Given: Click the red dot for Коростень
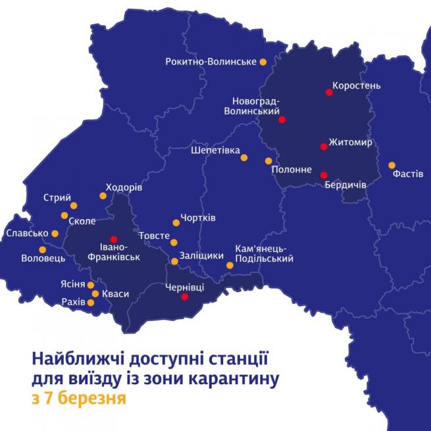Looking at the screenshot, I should click(x=329, y=92).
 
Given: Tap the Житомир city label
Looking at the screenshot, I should click(x=351, y=142).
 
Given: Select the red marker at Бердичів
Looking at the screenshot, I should click(x=323, y=175).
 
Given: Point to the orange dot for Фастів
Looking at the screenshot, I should click(x=392, y=165).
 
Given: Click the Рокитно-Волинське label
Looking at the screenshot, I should click(x=211, y=62).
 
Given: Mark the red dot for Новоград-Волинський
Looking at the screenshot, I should click(x=282, y=120).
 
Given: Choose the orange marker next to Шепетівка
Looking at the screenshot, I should click(x=243, y=157).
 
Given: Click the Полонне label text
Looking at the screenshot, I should click(x=292, y=170).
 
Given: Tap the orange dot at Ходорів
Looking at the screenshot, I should click(x=103, y=195).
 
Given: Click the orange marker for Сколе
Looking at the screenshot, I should click(x=64, y=215).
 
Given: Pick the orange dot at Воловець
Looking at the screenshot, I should click(x=43, y=249).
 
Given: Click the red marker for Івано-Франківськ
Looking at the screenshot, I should click(x=114, y=240).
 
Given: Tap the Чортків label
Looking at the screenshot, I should click(x=199, y=218).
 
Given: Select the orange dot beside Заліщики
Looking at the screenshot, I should click(x=174, y=261).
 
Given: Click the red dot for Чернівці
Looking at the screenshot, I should click(x=185, y=297).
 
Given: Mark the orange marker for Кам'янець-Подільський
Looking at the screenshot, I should click(x=230, y=265).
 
